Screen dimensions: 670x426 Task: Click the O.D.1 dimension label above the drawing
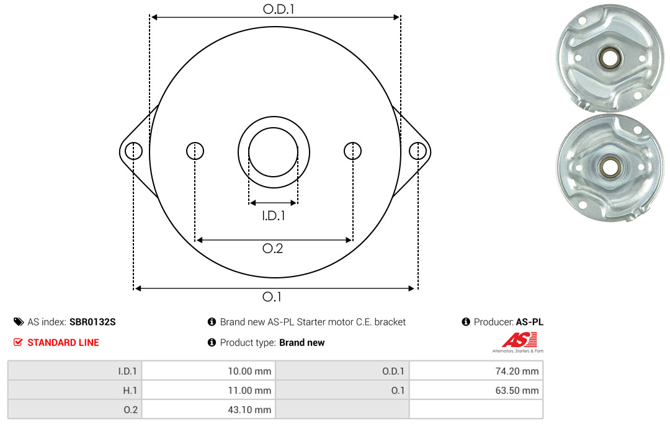pyautogui.click(x=279, y=9)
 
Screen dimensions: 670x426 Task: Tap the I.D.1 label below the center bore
pyautogui.click(x=273, y=216)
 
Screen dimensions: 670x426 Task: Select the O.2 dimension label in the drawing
pyautogui.click(x=272, y=248)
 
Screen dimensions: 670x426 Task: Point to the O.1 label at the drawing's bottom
pyautogui.click(x=272, y=296)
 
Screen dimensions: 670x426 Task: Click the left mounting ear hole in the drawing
pyautogui.click(x=134, y=151)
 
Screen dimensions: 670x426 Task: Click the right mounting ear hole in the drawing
pyautogui.click(x=418, y=151)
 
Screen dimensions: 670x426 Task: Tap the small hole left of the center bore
pyautogui.click(x=195, y=151)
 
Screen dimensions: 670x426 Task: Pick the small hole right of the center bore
pyautogui.click(x=352, y=151)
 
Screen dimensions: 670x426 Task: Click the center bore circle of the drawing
pyautogui.click(x=273, y=127)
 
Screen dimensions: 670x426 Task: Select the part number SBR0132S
pyautogui.click(x=92, y=322)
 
